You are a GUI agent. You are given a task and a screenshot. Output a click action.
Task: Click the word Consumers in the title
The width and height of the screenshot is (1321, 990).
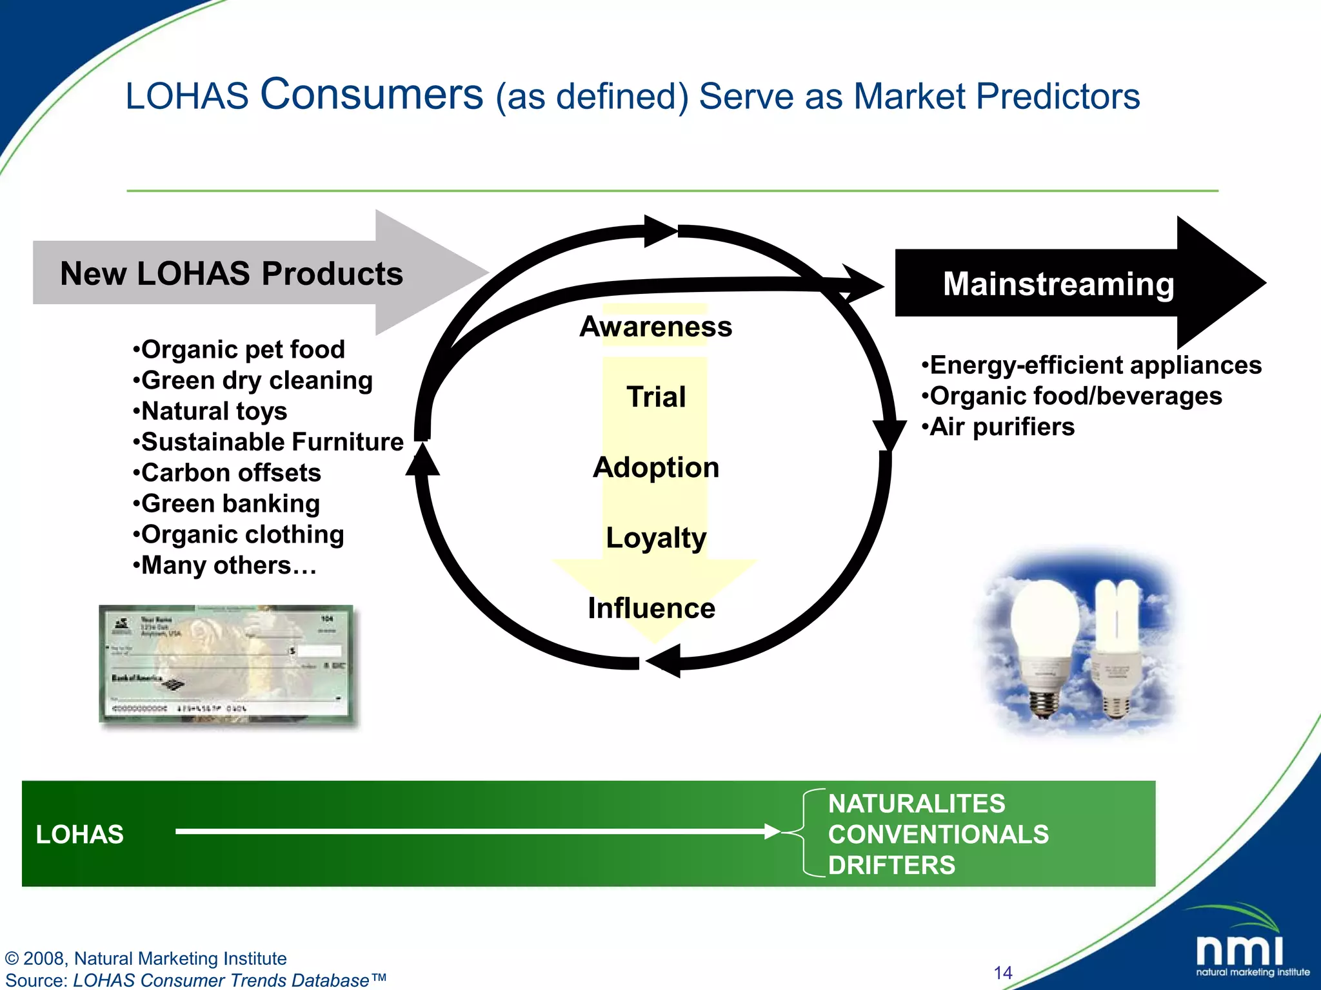372,94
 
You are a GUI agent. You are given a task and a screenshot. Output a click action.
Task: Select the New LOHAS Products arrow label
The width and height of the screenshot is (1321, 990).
231,273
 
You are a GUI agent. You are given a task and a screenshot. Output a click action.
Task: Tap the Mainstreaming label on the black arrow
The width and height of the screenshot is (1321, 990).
1058,284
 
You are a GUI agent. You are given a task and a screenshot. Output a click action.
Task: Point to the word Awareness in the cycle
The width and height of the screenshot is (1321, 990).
655,327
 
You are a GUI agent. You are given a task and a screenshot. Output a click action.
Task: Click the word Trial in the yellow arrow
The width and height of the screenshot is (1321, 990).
655,397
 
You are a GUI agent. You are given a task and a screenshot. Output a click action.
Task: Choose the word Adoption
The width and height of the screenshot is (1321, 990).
655,467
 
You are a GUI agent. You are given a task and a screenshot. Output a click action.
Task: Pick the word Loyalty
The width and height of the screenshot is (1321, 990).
655,538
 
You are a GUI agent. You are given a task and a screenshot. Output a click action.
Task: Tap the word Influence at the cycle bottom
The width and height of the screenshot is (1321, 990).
651,608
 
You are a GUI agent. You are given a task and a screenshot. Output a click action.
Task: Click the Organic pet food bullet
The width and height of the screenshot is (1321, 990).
239,349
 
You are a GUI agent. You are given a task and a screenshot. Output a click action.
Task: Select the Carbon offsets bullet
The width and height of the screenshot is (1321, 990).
227,472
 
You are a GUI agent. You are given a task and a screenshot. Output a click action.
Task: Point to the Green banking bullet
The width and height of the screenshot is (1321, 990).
226,503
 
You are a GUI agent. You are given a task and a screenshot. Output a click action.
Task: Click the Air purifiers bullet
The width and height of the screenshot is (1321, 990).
998,427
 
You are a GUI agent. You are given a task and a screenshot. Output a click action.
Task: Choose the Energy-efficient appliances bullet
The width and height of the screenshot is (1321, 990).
1091,365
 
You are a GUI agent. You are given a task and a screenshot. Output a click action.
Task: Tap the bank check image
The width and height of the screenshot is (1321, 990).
226,664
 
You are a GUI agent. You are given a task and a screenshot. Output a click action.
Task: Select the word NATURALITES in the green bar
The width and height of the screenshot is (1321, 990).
916,804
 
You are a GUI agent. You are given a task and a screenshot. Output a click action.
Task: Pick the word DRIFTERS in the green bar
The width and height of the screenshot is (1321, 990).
891,865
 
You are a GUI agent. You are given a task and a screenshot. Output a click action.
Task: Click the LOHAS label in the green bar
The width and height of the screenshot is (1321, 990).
79,834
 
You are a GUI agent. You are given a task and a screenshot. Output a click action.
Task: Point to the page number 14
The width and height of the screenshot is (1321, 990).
1003,973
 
